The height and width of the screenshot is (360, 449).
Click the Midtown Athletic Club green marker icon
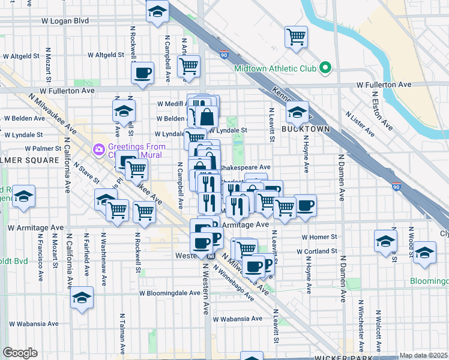(326, 68)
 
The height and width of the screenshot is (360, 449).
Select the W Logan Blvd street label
(64, 20)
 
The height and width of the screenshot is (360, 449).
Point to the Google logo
(19, 353)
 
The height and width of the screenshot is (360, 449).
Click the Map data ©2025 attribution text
(423, 355)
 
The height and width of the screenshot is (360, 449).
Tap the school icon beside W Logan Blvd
(158, 11)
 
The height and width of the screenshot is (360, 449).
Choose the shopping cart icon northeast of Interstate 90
(296, 37)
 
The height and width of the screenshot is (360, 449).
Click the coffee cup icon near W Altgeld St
(143, 74)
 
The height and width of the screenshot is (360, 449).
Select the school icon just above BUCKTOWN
(297, 112)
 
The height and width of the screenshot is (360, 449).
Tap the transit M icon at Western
(211, 256)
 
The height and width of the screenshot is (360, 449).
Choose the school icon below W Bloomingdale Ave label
(82, 299)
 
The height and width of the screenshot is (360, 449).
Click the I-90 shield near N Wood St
(396, 187)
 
